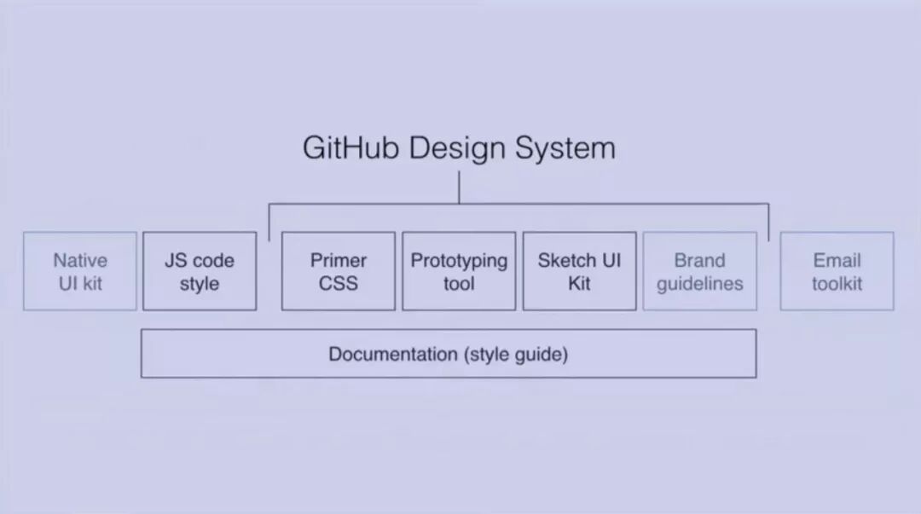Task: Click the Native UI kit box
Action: click(x=80, y=271)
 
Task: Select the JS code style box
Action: click(x=200, y=271)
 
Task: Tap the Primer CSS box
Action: click(x=339, y=271)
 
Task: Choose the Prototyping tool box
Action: click(x=459, y=271)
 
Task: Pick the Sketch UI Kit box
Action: click(x=579, y=271)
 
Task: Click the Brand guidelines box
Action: click(x=699, y=271)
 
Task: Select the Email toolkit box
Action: click(x=837, y=271)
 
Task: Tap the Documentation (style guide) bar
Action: click(x=449, y=354)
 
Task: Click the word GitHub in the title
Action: click(x=350, y=148)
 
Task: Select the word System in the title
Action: click(x=564, y=148)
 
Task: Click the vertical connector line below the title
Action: click(x=459, y=188)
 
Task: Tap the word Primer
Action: click(x=339, y=261)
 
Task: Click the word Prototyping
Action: click(x=459, y=261)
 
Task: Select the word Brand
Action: click(x=699, y=261)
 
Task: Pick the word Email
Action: click(x=837, y=261)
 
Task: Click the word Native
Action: click(x=80, y=261)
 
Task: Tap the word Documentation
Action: click(x=393, y=354)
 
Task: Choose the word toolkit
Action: click(x=837, y=283)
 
